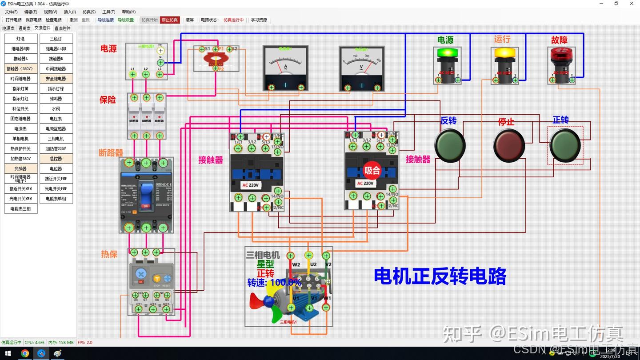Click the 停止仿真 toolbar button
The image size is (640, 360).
[170, 20]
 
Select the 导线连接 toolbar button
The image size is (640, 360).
[105, 20]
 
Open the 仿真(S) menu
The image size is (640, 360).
[89, 12]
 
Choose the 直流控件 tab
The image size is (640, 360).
[62, 28]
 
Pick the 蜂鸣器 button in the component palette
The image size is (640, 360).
[56, 99]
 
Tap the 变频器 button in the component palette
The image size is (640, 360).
[20, 169]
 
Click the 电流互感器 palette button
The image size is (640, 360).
[56, 129]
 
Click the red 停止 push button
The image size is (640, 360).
[509, 145]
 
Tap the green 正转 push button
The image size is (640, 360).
[565, 145]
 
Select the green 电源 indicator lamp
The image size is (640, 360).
[447, 53]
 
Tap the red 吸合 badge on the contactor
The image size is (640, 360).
[372, 170]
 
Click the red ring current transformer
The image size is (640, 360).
[216, 58]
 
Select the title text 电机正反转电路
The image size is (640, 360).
[440, 276]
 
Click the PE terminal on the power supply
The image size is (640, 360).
[161, 51]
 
